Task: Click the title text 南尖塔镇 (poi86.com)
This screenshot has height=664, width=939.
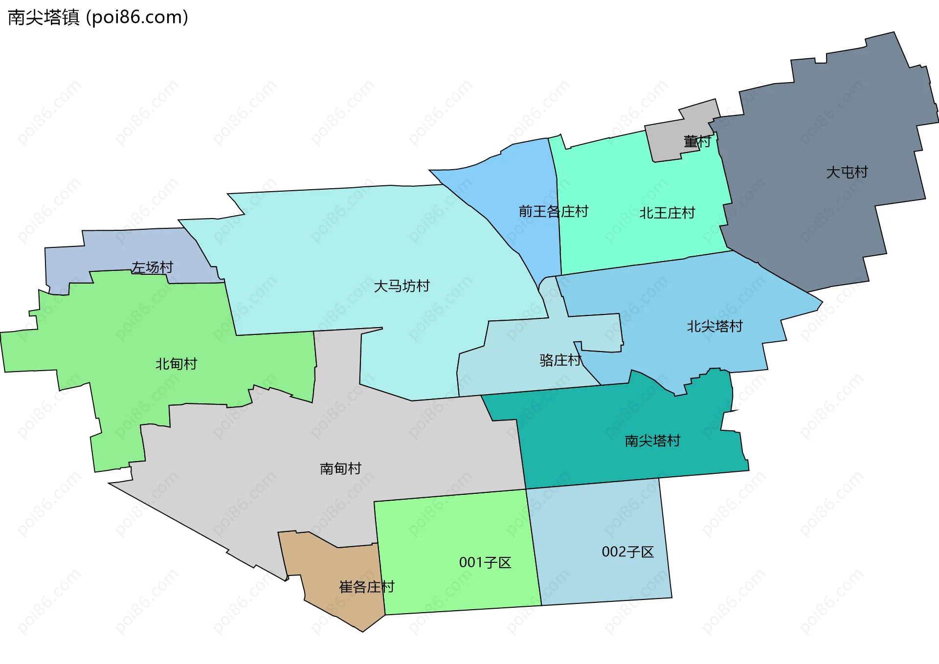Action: pyautogui.click(x=98, y=18)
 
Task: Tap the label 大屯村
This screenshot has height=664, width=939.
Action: pyautogui.click(x=847, y=172)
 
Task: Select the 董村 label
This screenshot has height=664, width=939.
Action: pyautogui.click(x=697, y=142)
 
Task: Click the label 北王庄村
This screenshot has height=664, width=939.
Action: pyautogui.click(x=667, y=213)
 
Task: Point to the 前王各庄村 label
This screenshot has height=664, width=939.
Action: pyautogui.click(x=553, y=212)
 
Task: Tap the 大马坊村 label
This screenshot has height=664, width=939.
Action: pyautogui.click(x=402, y=286)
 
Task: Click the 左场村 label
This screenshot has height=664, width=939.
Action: pyautogui.click(x=152, y=267)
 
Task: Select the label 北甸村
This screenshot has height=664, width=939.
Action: pyautogui.click(x=176, y=364)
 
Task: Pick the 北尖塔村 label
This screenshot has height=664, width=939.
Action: pyautogui.click(x=715, y=326)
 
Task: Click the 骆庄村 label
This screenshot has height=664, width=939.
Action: pyautogui.click(x=560, y=360)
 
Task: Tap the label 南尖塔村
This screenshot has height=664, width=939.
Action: pyautogui.click(x=652, y=441)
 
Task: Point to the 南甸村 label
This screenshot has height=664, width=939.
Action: pyautogui.click(x=340, y=469)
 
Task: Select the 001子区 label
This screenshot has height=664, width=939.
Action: pyautogui.click(x=485, y=563)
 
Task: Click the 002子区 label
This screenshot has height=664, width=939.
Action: pyautogui.click(x=627, y=552)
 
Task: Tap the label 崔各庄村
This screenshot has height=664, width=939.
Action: pyautogui.click(x=367, y=587)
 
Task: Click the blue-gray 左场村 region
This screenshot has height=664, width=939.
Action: pyautogui.click(x=98, y=254)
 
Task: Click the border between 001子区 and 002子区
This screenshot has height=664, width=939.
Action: pyautogui.click(x=534, y=548)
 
